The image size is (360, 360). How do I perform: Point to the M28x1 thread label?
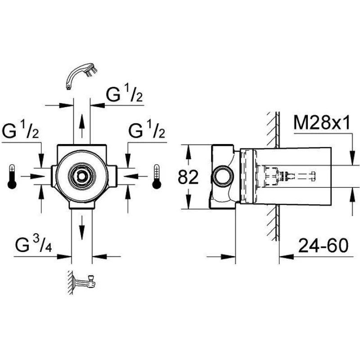tap(322, 123)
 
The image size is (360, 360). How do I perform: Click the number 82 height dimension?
tap(189, 178)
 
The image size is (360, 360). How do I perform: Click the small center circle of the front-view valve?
tap(82, 175)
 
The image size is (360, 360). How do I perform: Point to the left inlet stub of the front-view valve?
tap(54, 175)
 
